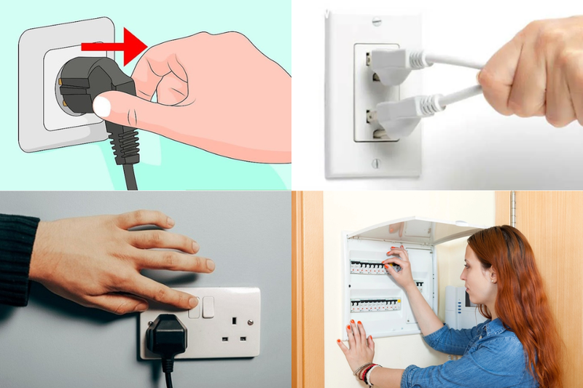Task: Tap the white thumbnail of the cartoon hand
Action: [102, 108]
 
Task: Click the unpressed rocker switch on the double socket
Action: [208, 306]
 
